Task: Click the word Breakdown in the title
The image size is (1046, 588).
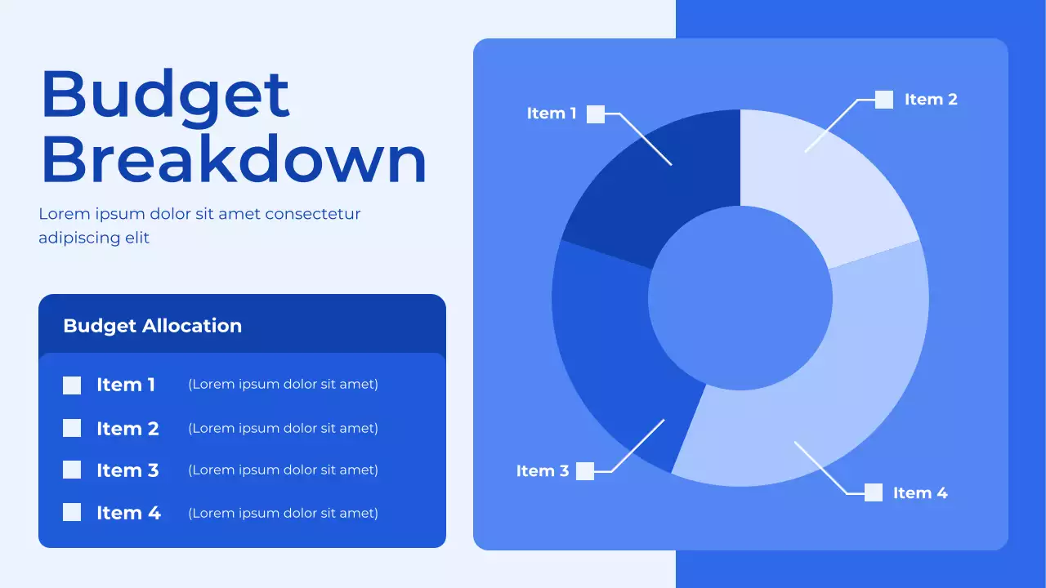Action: [x=234, y=160]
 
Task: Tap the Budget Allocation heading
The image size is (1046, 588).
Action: [x=152, y=326]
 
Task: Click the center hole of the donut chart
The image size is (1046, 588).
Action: [x=740, y=298]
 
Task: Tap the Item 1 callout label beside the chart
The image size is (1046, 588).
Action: [x=552, y=114]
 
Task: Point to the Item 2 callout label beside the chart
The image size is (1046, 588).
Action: [x=931, y=100]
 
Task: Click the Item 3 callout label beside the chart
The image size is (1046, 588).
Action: [x=542, y=471]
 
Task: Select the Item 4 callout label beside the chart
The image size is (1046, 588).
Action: [x=920, y=493]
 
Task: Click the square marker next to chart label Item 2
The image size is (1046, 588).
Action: [x=884, y=100]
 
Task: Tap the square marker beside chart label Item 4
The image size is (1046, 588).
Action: [x=874, y=492]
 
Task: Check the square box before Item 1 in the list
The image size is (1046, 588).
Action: [x=72, y=385]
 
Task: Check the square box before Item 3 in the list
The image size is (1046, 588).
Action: [x=72, y=470]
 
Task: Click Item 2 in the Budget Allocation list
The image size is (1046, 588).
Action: [x=127, y=429]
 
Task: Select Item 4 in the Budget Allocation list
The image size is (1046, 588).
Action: [x=128, y=513]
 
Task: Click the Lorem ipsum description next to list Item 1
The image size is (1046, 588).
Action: [x=283, y=385]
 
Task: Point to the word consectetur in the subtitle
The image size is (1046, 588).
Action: [x=312, y=214]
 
